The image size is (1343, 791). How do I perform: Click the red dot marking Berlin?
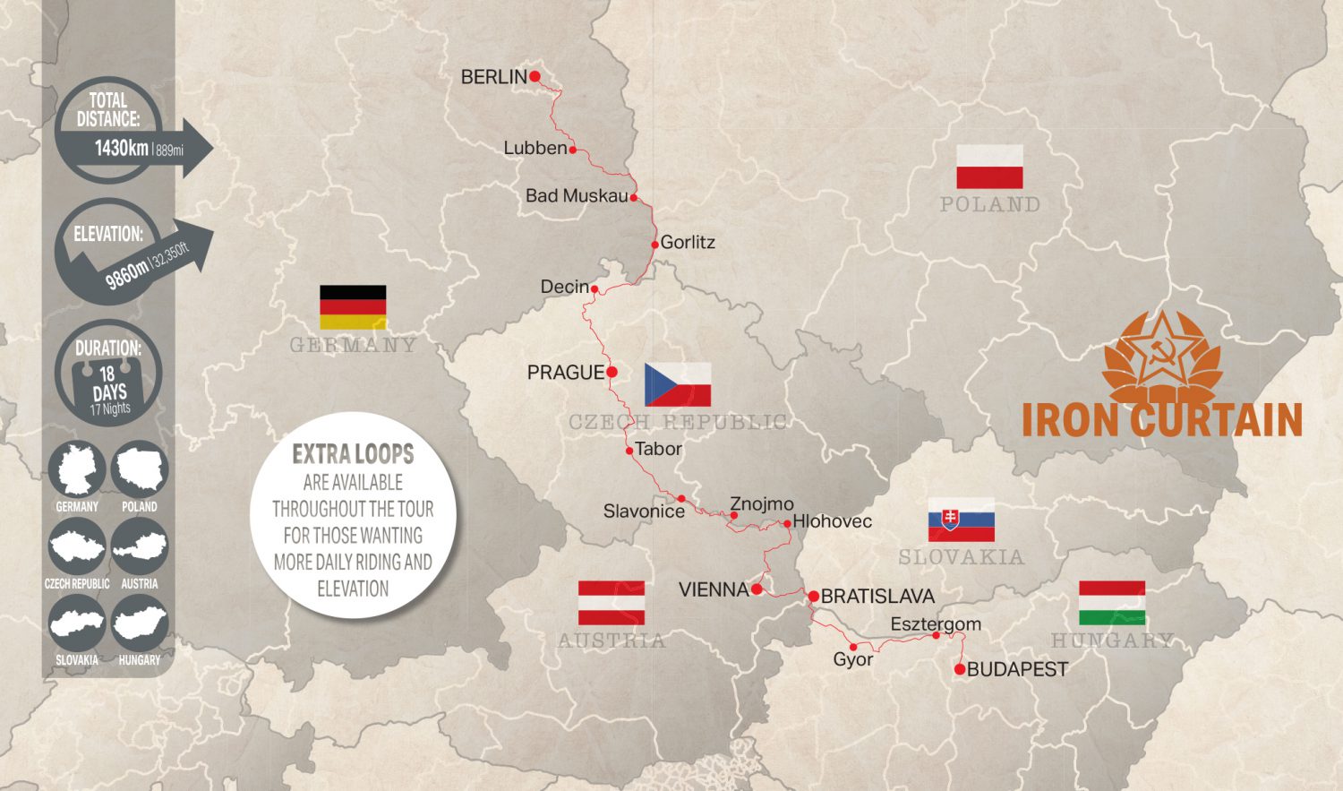point(535,76)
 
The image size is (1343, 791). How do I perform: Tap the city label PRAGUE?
point(565,372)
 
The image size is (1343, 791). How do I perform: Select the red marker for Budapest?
point(960,669)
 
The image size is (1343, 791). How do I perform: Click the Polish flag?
point(989,167)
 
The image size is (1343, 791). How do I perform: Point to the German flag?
point(353,307)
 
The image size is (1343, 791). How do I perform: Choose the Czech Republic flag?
point(678,384)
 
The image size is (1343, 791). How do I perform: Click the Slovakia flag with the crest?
point(961,520)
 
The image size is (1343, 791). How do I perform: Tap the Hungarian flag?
point(1112,603)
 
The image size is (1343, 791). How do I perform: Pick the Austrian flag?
point(612,603)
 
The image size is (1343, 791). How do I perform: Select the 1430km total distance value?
point(122,148)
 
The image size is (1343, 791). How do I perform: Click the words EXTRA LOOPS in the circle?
point(353,453)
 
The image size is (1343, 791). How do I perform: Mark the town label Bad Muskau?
point(576,195)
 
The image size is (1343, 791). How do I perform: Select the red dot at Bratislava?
point(813,596)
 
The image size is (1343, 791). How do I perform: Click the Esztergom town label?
point(936,623)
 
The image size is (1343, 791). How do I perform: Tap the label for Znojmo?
point(761,503)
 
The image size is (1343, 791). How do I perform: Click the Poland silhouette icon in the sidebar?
point(140,469)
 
